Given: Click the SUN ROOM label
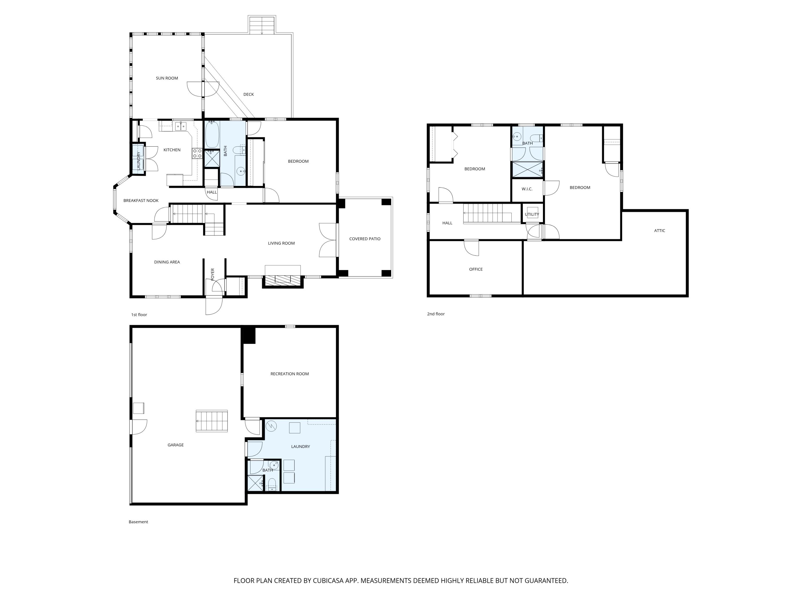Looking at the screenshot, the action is [x=167, y=78].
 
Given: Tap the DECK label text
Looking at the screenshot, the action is [x=248, y=95].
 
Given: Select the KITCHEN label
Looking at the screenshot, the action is [x=172, y=150].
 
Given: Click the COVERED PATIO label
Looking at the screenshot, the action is [x=365, y=239].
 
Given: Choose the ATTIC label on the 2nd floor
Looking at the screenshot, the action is [x=660, y=231].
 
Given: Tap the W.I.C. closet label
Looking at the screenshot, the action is [x=527, y=189].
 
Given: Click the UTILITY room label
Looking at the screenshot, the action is [x=532, y=214].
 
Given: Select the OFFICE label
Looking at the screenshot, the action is [x=476, y=270].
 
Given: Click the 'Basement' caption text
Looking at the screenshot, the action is [x=138, y=522].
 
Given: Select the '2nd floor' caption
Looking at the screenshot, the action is [x=435, y=314].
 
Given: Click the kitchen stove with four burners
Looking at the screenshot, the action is [x=197, y=153].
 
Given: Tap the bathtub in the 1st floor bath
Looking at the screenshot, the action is [x=212, y=134].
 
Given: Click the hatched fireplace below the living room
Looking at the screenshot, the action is [x=283, y=279].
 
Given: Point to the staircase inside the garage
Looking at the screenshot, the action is [x=212, y=421].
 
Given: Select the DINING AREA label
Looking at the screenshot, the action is [x=167, y=262].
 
